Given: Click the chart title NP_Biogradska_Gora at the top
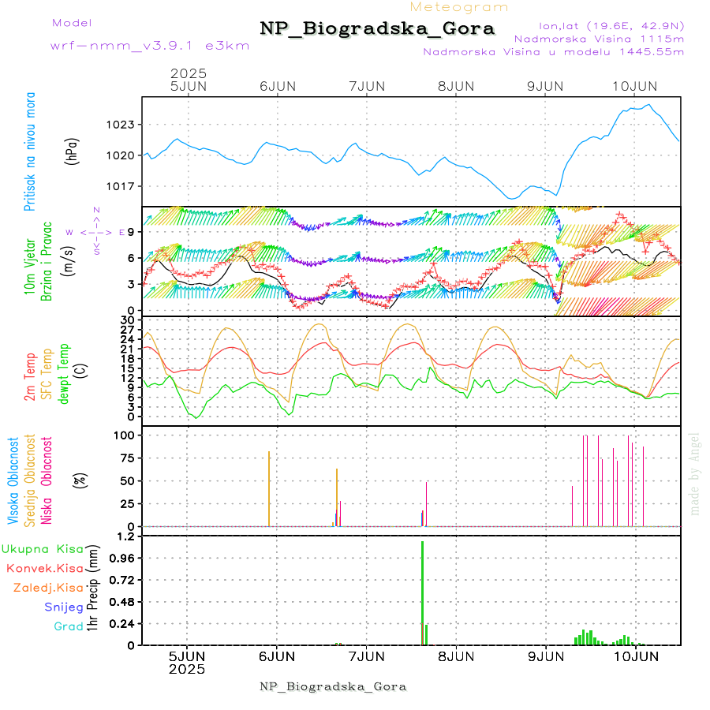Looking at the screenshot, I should click(377, 29).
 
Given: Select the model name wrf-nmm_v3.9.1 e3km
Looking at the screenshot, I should click(150, 45).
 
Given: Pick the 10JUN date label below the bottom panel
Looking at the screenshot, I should click(635, 656).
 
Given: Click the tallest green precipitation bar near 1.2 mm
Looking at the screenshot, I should click(423, 592).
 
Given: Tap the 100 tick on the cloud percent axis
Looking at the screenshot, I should click(127, 435).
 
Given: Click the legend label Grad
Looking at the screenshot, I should click(68, 626).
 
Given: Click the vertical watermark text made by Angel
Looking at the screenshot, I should click(695, 473).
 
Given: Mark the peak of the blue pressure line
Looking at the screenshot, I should click(648, 105).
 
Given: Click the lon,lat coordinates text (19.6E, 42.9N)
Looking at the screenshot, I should click(611, 24).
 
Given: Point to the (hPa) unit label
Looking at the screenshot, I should click(73, 151).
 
